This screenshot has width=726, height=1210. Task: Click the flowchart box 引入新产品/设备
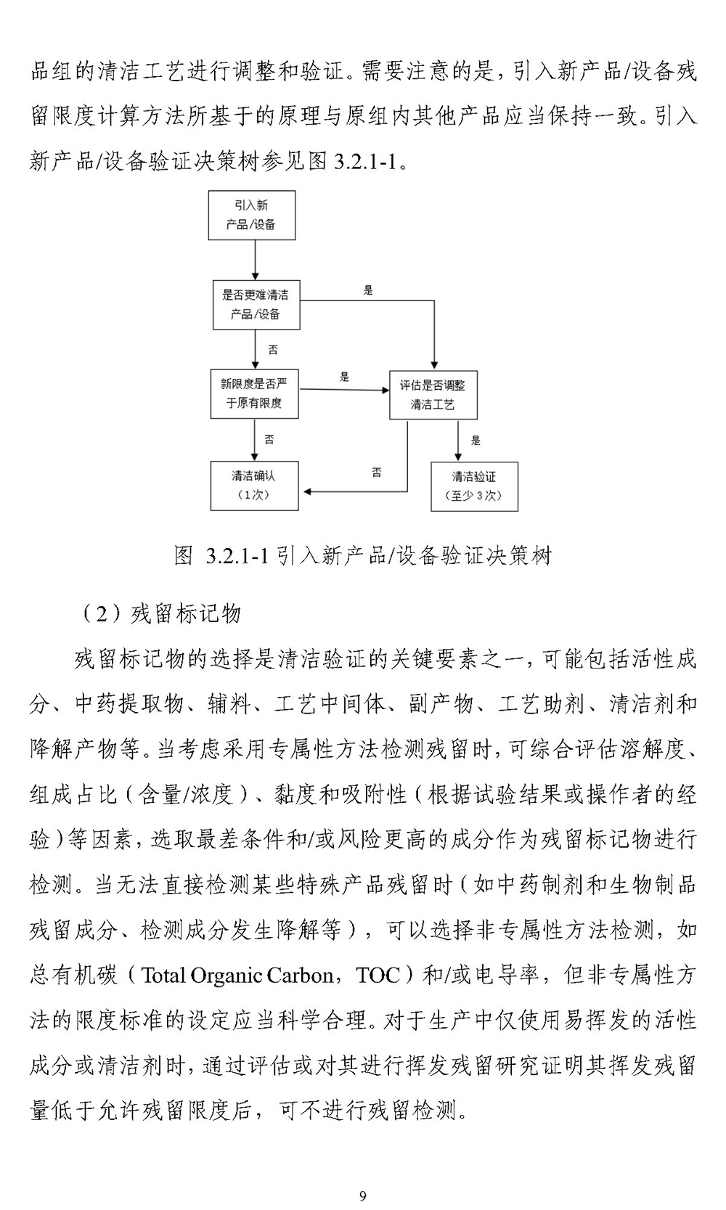[x=252, y=215]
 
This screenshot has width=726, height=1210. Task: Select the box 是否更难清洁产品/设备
[x=256, y=305]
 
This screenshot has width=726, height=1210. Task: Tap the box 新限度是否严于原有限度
[x=254, y=394]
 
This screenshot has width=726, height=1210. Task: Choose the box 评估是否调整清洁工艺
[x=433, y=395]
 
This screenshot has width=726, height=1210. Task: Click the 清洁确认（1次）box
[x=254, y=486]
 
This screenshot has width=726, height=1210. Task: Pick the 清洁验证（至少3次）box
[x=474, y=487]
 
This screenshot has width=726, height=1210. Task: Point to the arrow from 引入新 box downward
[x=256, y=260]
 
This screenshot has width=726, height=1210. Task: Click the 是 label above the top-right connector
[x=368, y=290]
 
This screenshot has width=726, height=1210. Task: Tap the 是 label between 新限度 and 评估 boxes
[x=345, y=377]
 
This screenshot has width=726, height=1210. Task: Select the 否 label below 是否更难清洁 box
[x=273, y=350]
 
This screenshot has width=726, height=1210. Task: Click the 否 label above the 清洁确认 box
[x=269, y=440]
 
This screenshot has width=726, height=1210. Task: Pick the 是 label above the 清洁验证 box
[x=476, y=441]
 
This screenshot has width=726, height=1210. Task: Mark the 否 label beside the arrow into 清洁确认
[x=377, y=473]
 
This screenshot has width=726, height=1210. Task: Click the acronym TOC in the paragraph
[x=378, y=976]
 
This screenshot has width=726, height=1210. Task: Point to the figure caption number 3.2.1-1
[x=237, y=556]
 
